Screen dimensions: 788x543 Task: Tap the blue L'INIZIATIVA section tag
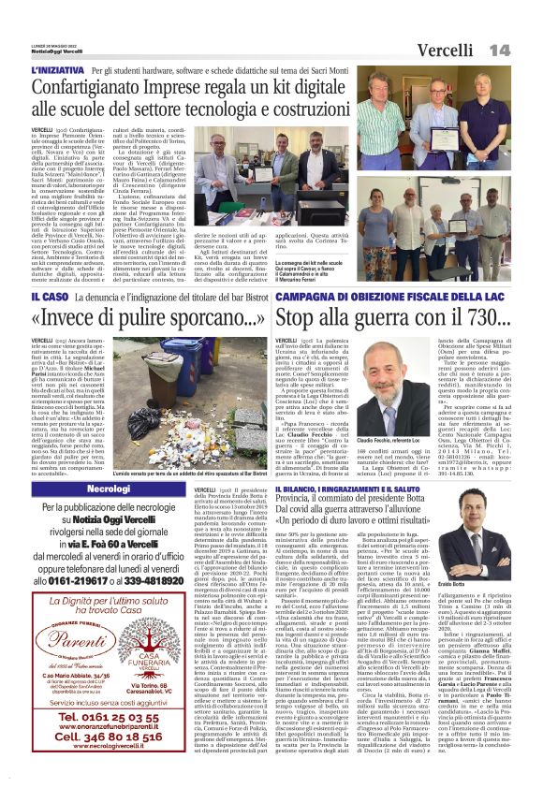click(x=58, y=70)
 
